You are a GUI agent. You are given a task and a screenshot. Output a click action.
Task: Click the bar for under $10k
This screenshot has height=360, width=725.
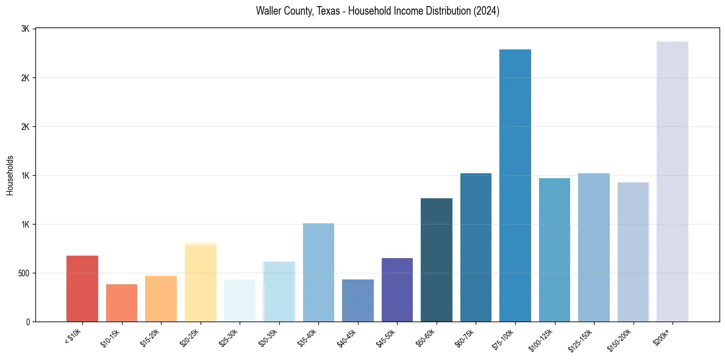point(82,289)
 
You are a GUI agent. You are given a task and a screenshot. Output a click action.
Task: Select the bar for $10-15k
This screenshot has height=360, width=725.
point(121,303)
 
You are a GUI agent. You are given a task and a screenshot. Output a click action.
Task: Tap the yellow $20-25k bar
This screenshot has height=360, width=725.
point(201,283)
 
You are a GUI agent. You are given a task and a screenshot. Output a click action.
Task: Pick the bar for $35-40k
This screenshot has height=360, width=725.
point(318,272)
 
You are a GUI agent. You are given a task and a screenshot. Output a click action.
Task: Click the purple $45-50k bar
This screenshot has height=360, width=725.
point(397,290)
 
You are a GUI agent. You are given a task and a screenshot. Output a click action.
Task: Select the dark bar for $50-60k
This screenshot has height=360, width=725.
point(437,260)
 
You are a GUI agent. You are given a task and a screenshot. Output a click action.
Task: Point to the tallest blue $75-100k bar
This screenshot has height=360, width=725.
point(515,185)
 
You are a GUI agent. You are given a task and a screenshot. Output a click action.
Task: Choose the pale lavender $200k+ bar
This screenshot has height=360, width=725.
point(673,181)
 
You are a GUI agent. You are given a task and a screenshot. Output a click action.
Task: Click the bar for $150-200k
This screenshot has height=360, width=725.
point(633,251)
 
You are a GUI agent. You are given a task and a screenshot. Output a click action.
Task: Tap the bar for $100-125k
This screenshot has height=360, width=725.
point(554,250)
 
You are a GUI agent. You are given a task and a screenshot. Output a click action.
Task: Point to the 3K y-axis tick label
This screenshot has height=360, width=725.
point(26,29)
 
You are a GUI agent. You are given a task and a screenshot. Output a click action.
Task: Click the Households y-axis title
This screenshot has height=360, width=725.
point(10,175)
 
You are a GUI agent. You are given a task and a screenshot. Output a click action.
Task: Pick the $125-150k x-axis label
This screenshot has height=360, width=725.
point(582,339)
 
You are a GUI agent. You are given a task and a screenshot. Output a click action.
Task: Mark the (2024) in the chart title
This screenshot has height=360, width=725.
point(487,11)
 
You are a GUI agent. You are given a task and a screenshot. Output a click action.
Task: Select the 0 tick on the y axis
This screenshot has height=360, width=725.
point(28,322)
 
